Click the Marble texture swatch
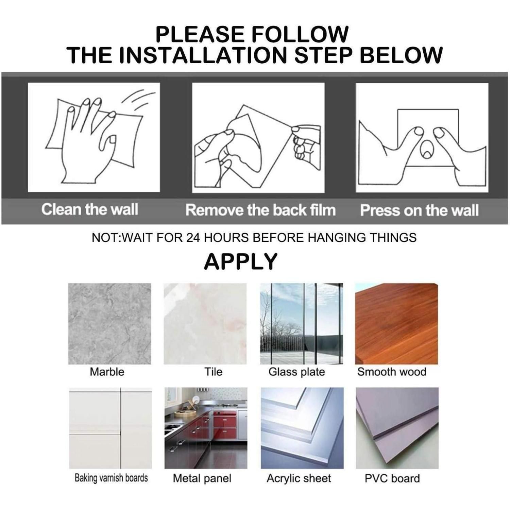tap(109, 324)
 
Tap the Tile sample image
tap(205, 324)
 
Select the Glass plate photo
tap(302, 324)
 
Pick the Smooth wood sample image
tap(396, 324)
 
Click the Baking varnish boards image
tap(111, 428)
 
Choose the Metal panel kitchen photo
tap(206, 428)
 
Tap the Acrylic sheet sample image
tap(302, 428)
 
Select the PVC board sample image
tap(397, 428)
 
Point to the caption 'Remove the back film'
tap(260, 210)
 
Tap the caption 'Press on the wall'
tap(419, 210)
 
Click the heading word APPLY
tap(241, 261)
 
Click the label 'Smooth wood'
tap(392, 372)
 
